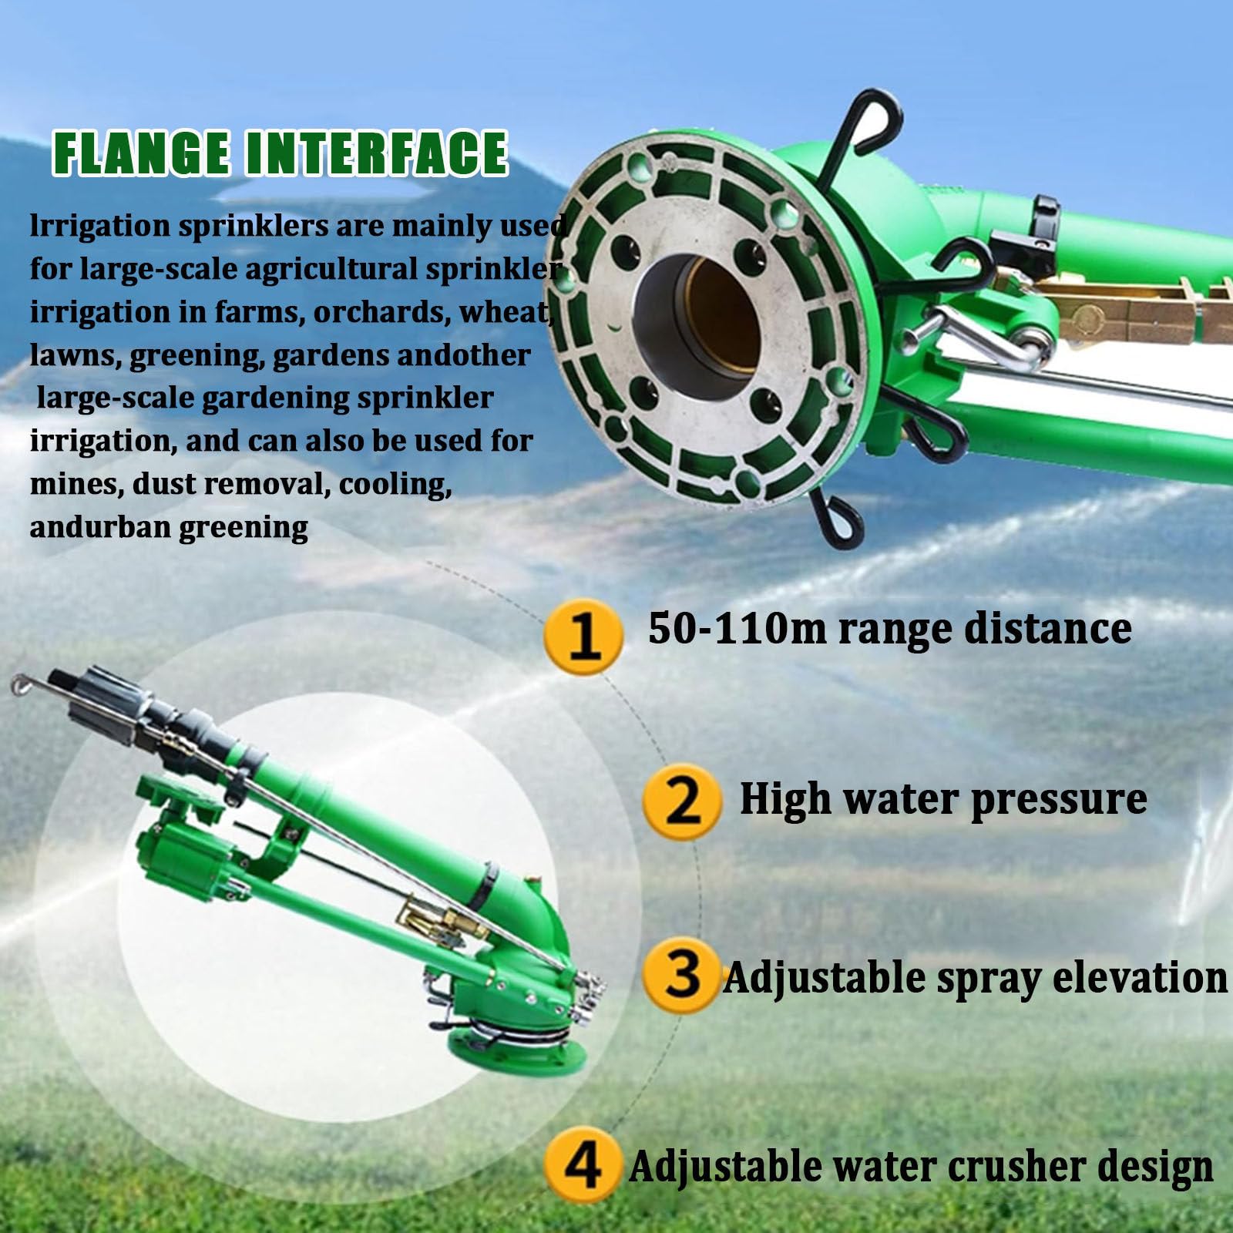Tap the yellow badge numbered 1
583,637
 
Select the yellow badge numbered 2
682,801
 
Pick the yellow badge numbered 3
682,974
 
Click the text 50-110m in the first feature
737,628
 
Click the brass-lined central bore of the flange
698,316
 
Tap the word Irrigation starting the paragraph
100,227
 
